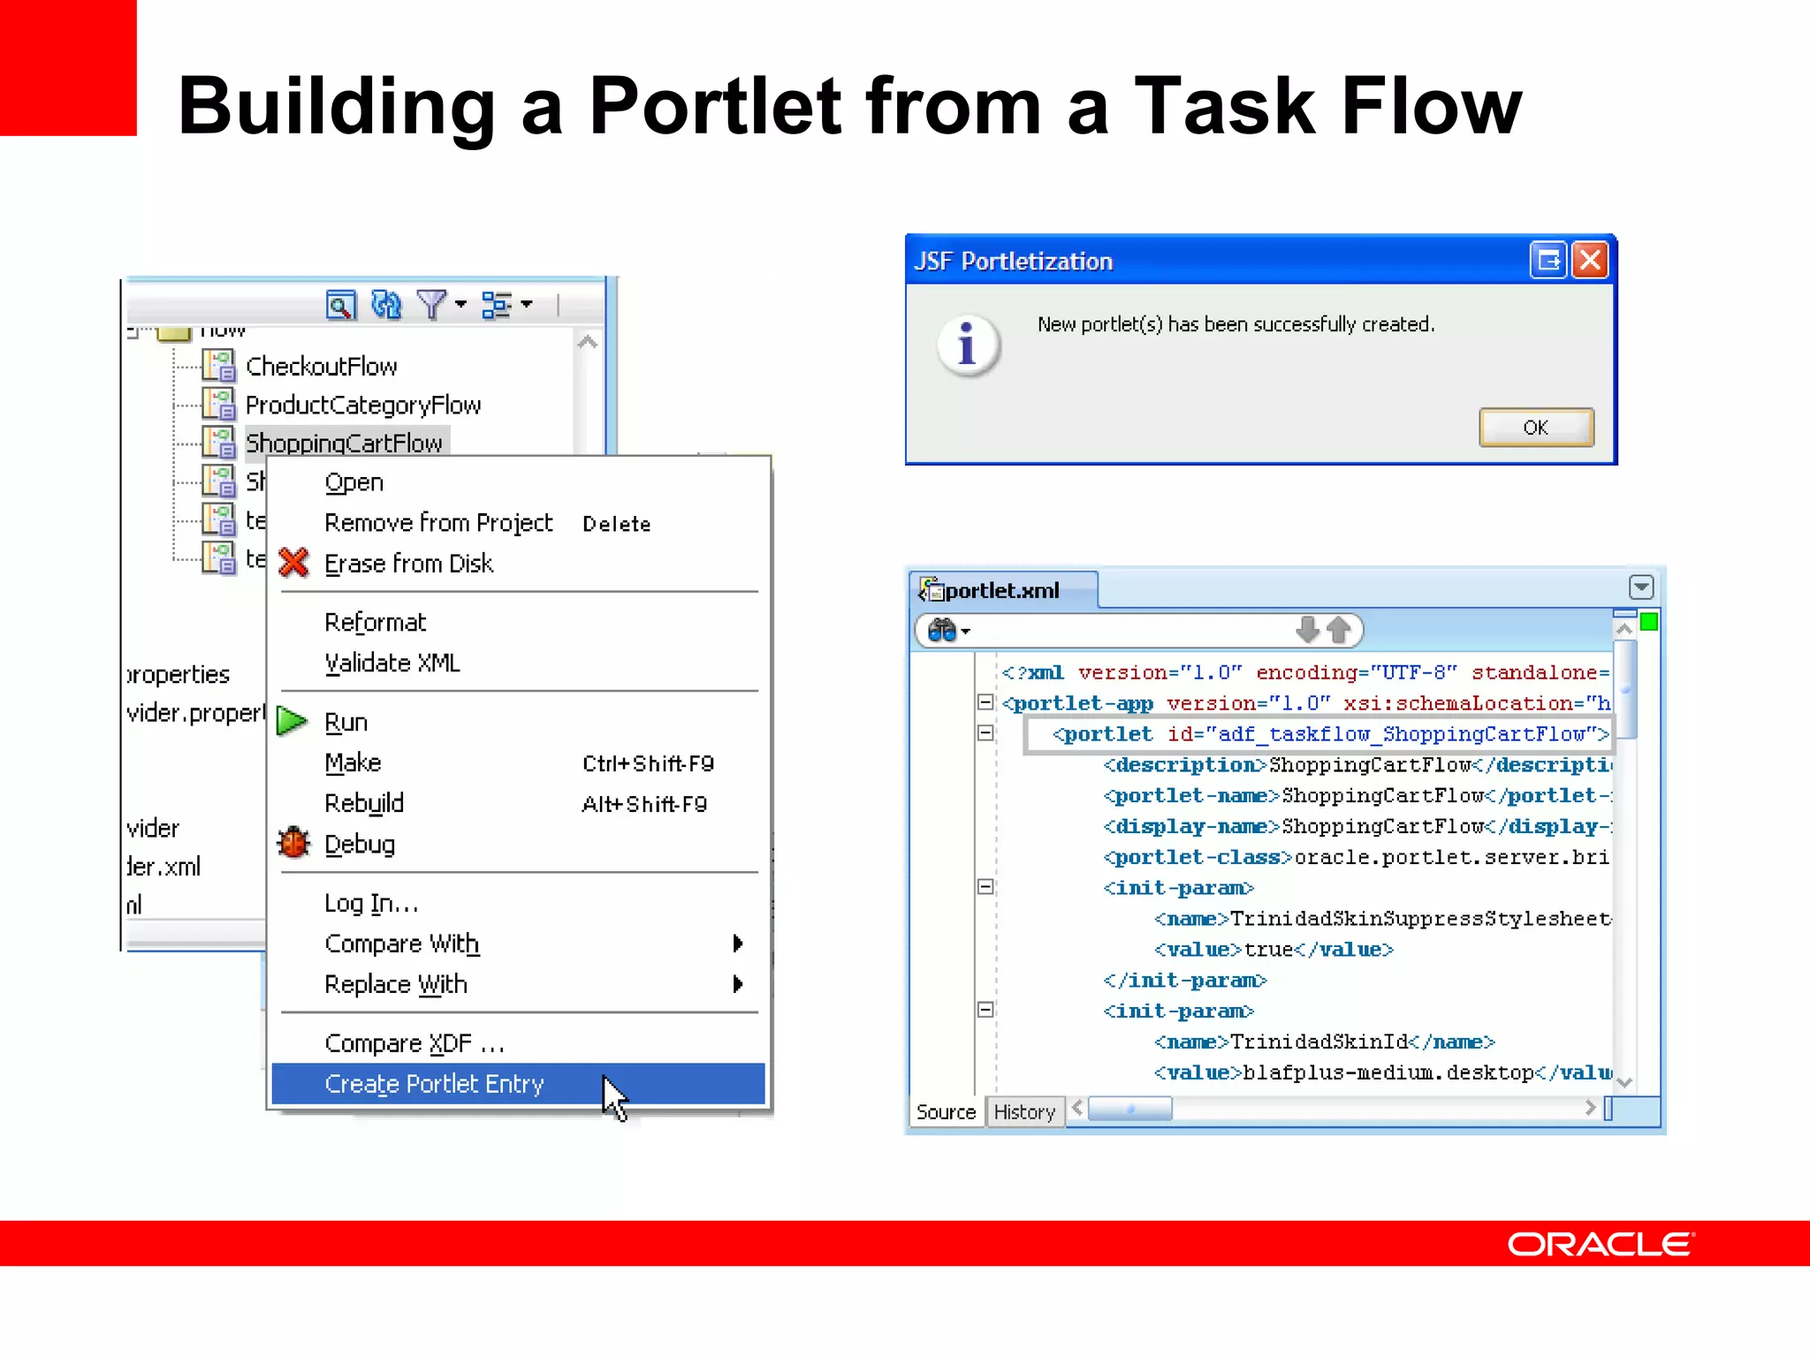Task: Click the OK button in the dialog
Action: point(1535,428)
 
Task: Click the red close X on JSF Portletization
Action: point(1590,261)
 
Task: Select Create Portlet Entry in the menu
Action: point(433,1084)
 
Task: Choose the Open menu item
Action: point(354,482)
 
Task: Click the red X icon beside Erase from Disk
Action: point(293,563)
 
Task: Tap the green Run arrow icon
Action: point(291,721)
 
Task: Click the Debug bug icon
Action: point(293,843)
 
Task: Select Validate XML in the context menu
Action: point(392,663)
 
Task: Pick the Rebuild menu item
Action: point(363,803)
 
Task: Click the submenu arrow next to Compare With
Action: point(738,944)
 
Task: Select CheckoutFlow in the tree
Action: point(321,367)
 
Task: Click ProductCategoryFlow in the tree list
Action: point(362,406)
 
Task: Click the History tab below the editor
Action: point(1024,1111)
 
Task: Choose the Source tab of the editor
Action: point(946,1111)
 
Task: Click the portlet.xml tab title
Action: point(1001,590)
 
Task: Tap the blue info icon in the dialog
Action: point(968,344)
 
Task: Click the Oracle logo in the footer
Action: point(1601,1244)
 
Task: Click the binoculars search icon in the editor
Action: point(943,631)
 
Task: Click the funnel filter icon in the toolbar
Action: point(431,305)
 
